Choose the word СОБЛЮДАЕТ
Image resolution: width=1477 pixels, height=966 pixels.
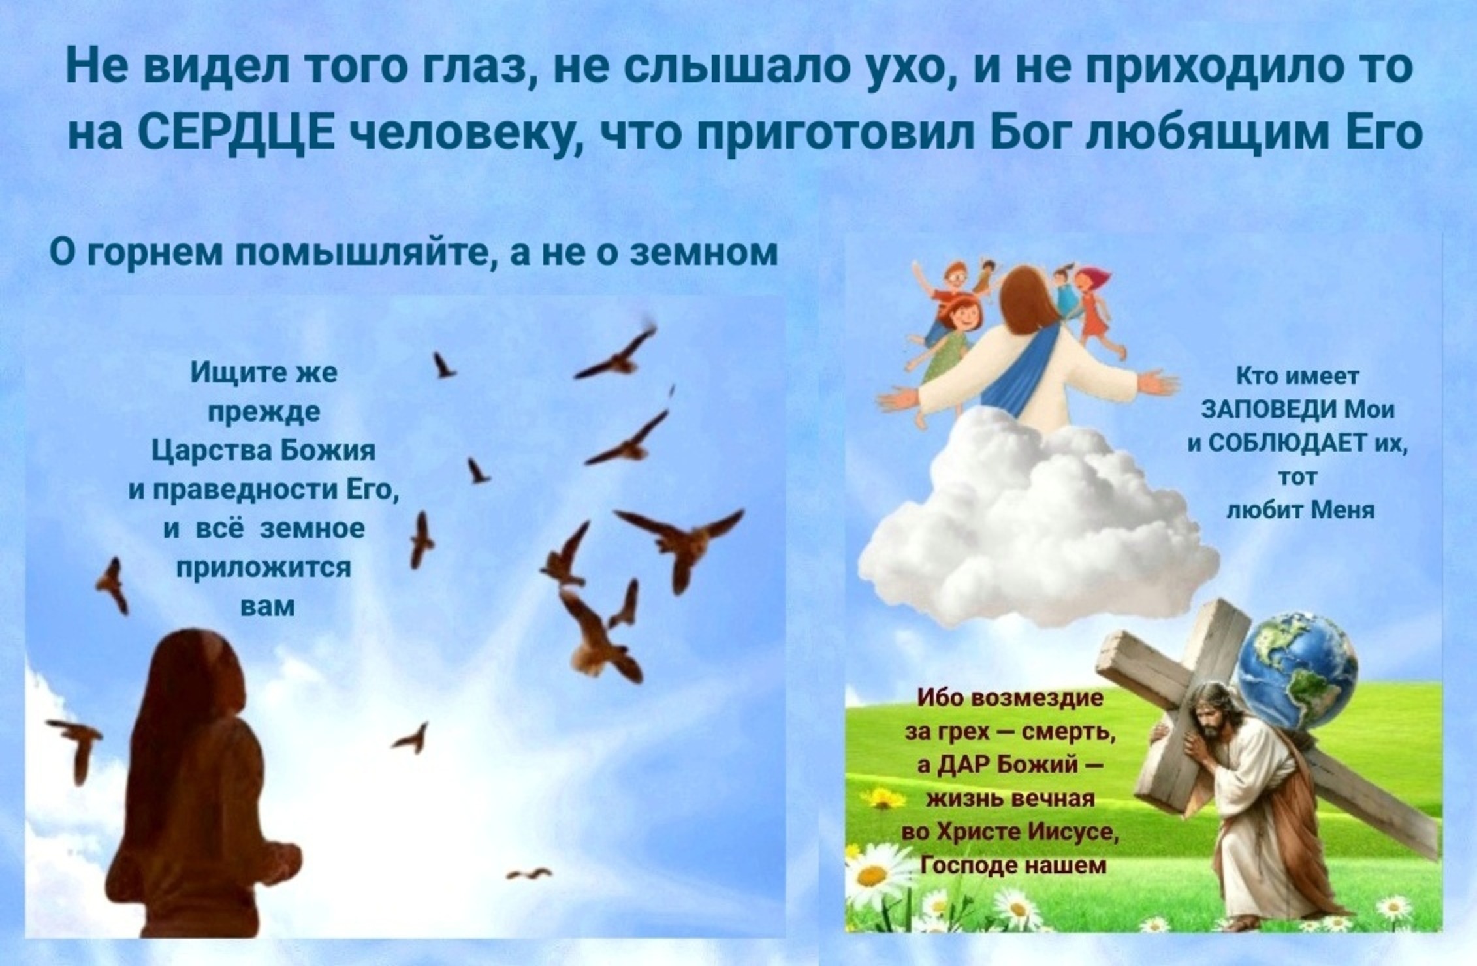pyautogui.click(x=1286, y=444)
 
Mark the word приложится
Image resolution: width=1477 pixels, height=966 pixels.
pyautogui.click(x=264, y=568)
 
